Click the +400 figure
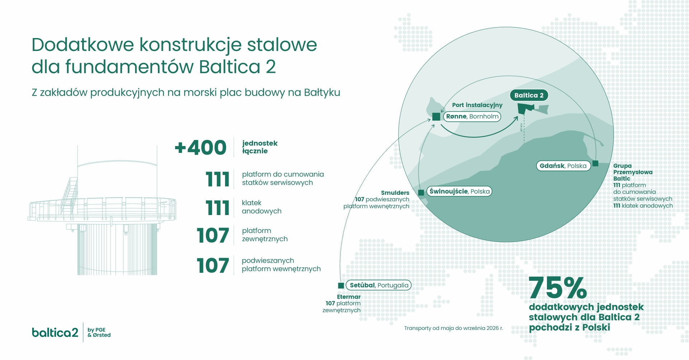(201, 148)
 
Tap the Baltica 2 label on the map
(529, 95)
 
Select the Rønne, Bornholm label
(472, 116)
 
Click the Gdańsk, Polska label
(563, 166)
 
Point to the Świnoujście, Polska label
(459, 191)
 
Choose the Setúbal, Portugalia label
(379, 285)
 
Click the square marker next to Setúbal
(341, 285)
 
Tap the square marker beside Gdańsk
(595, 164)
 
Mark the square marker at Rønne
(436, 117)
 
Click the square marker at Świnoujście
(421, 192)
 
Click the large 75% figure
(558, 287)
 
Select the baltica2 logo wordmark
(55, 332)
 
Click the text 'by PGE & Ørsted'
(99, 332)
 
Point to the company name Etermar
(349, 297)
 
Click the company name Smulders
(395, 193)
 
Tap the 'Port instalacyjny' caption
(477, 105)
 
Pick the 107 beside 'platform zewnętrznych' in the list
(213, 235)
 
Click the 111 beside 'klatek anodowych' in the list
(217, 208)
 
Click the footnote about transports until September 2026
(454, 328)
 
